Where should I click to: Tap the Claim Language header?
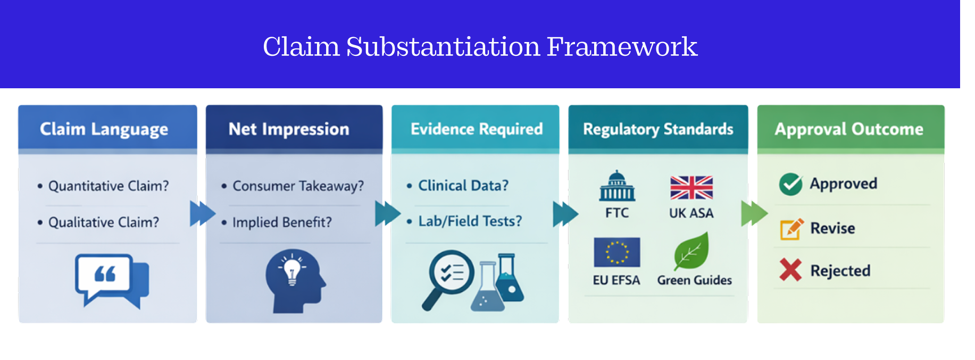[x=104, y=129]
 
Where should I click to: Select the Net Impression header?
[x=289, y=129]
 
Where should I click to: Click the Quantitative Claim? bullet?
[x=108, y=186]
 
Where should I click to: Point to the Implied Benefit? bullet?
[x=281, y=222]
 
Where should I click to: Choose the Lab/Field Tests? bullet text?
[x=470, y=221]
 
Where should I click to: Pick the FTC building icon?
[x=617, y=187]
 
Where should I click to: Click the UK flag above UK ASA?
[x=691, y=188]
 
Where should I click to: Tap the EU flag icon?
[x=617, y=252]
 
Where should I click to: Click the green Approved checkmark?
[x=790, y=184]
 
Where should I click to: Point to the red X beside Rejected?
[x=790, y=270]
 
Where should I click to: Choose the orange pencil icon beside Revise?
[x=791, y=229]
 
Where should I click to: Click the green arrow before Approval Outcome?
[x=754, y=213]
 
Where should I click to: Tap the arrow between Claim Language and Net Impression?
[x=202, y=213]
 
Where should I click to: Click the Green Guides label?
[x=694, y=280]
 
